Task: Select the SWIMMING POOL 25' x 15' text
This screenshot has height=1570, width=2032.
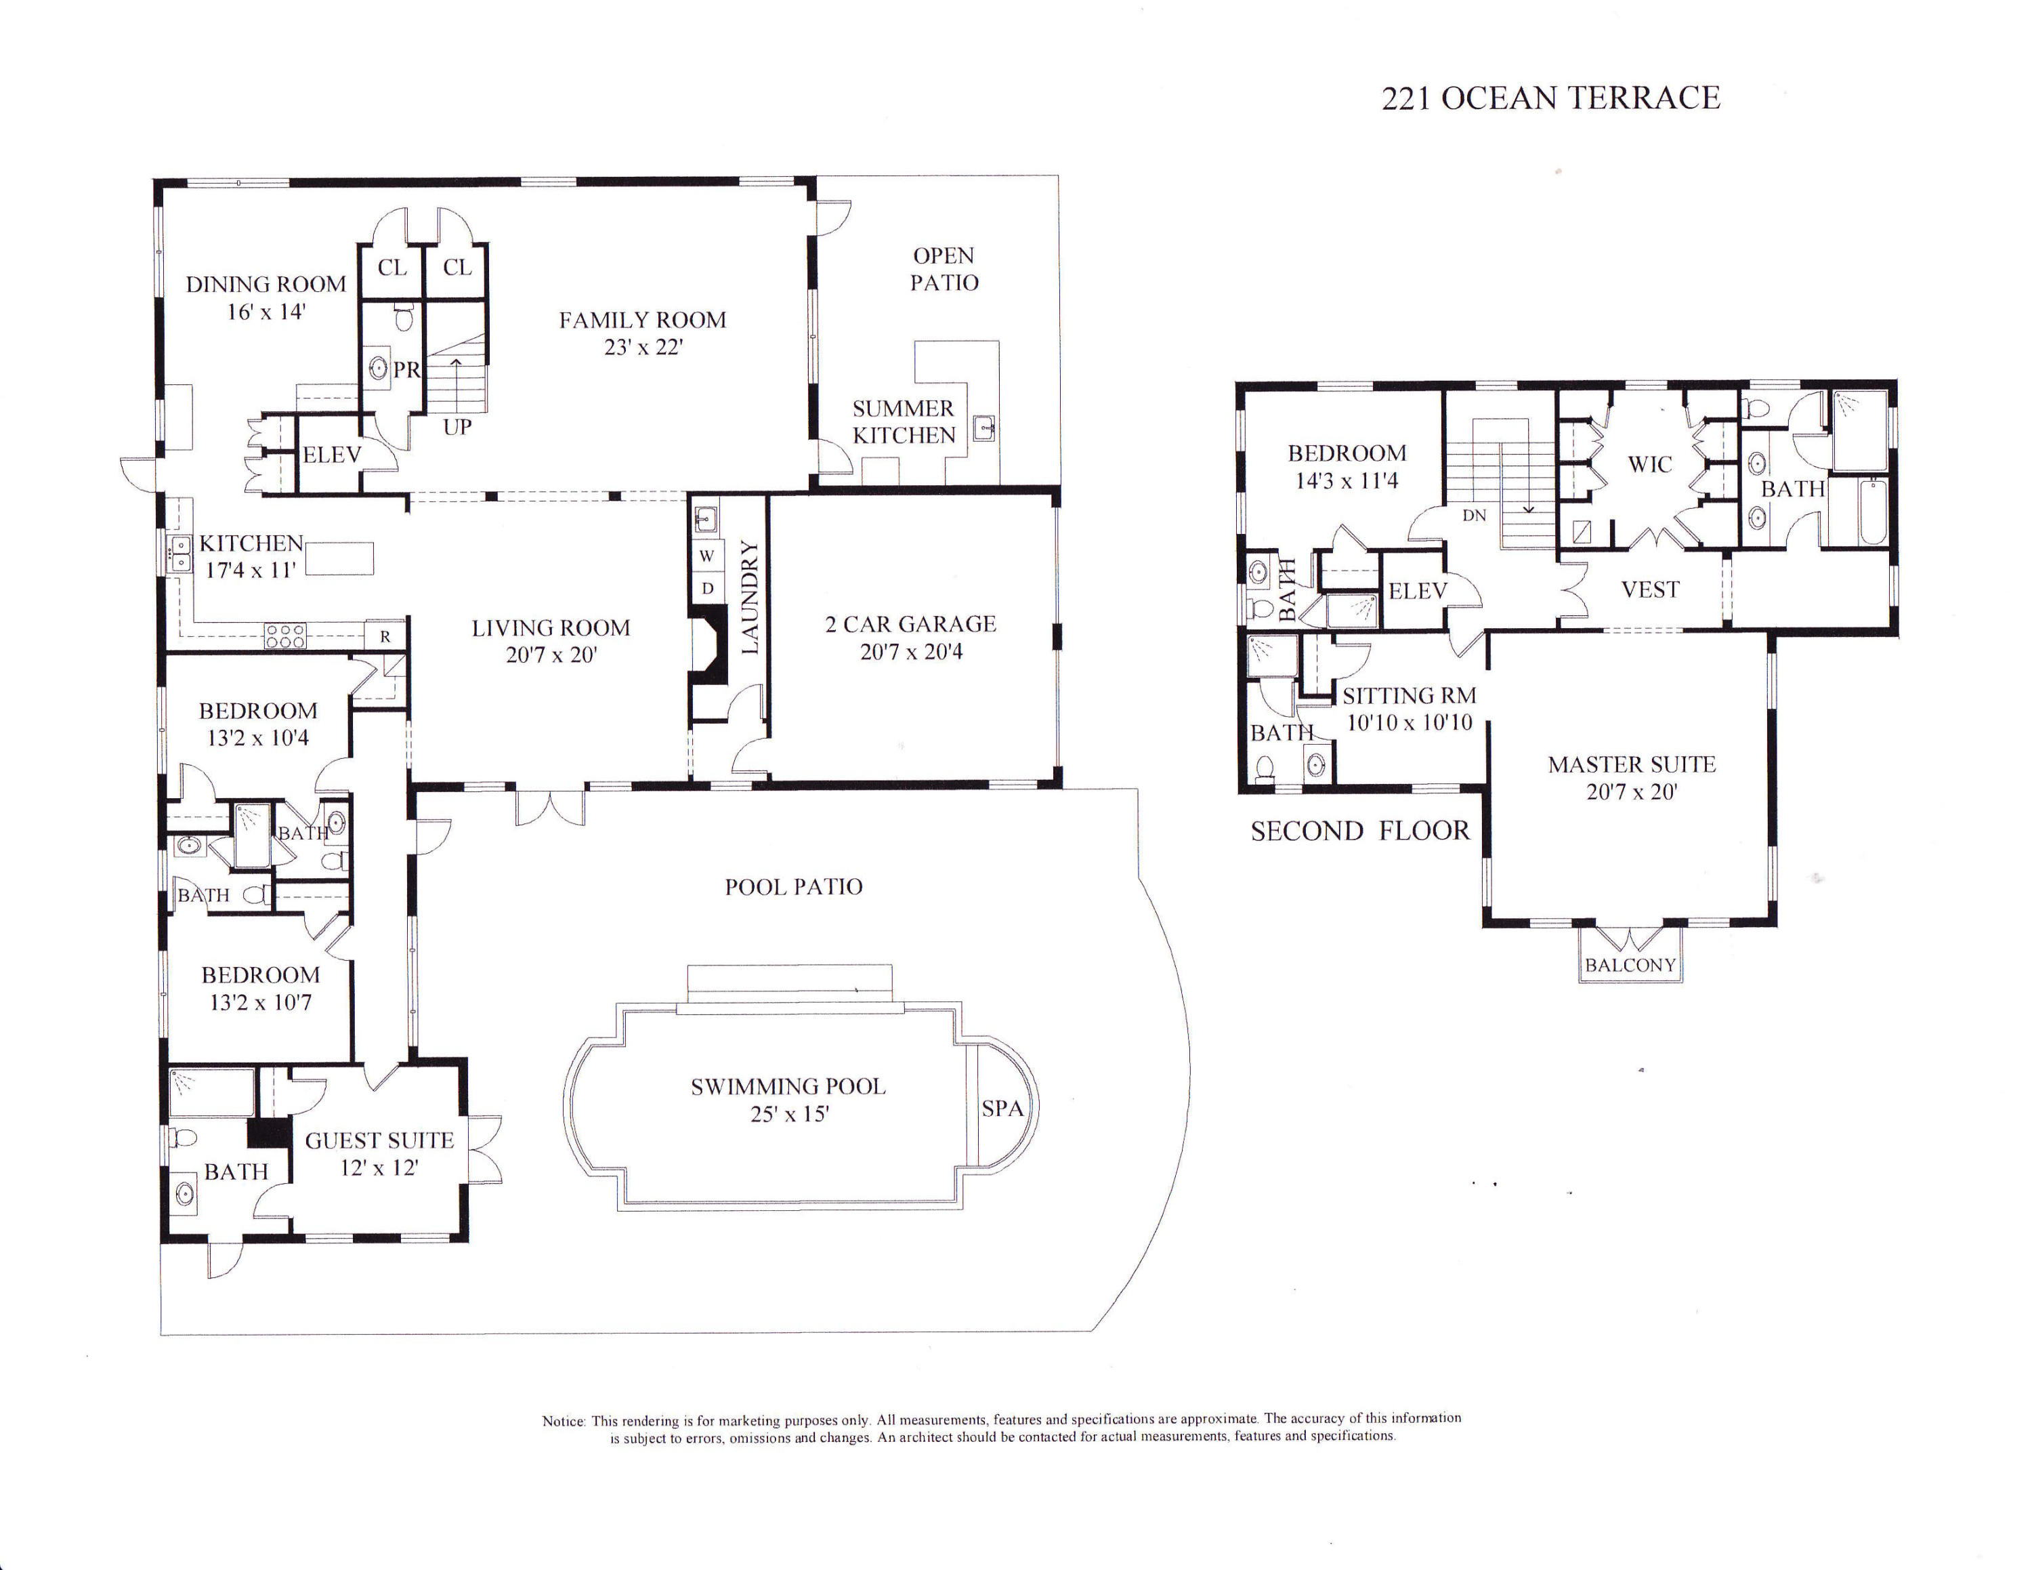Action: click(788, 1100)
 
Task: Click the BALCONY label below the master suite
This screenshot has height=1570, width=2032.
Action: click(1630, 965)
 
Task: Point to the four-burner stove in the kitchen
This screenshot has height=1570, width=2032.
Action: click(284, 636)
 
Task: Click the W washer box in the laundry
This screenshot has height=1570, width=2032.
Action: click(707, 556)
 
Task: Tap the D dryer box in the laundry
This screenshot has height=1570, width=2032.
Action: click(707, 588)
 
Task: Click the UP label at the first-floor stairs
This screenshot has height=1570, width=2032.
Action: click(457, 427)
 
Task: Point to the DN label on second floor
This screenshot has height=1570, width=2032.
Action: click(1474, 516)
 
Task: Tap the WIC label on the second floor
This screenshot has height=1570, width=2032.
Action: click(1649, 464)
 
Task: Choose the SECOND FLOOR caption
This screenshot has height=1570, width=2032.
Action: click(1359, 831)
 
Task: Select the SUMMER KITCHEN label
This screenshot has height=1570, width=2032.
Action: click(904, 421)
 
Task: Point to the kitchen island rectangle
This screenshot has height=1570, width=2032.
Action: click(339, 558)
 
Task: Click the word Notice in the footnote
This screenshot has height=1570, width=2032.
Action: click(564, 1421)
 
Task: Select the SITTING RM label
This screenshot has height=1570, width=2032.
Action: click(1409, 696)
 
